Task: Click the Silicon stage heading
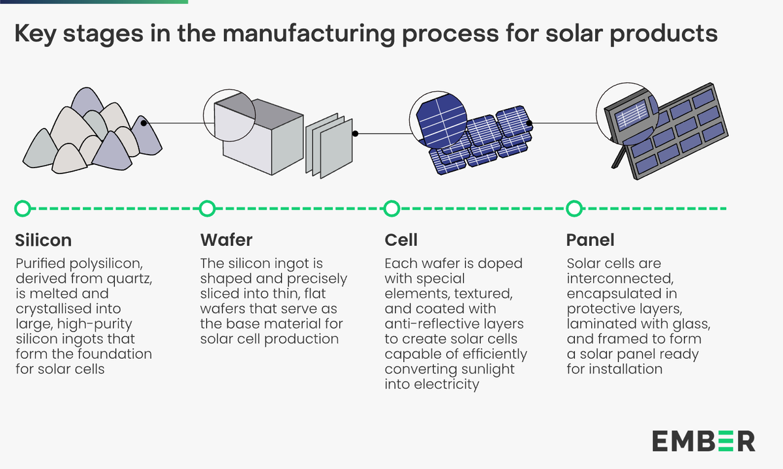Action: click(43, 240)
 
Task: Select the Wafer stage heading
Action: click(226, 240)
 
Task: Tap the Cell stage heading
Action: click(401, 240)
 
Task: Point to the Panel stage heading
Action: click(591, 240)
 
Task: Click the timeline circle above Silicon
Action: click(22, 209)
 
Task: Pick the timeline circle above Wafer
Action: click(207, 209)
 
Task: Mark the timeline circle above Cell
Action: click(391, 209)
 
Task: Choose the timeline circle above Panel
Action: click(574, 209)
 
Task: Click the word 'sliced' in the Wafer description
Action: click(221, 294)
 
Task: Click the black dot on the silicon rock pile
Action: click(143, 123)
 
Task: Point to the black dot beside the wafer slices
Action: click(355, 134)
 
